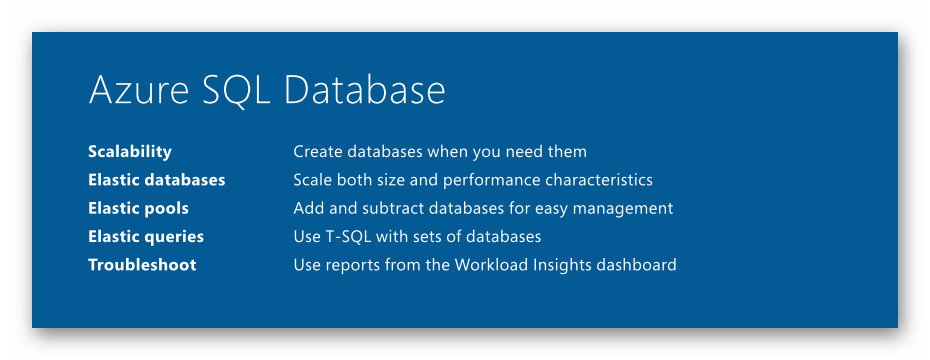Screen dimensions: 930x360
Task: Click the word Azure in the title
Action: click(139, 90)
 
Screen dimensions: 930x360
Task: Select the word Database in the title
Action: click(365, 90)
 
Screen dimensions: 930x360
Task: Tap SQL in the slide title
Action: click(236, 91)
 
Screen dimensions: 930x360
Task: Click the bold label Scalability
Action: click(130, 152)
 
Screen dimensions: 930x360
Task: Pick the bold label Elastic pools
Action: click(138, 208)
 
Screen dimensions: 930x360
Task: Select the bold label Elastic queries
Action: click(146, 237)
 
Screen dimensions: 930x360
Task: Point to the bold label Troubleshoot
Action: click(142, 265)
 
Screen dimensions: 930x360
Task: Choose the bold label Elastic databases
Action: click(157, 180)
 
